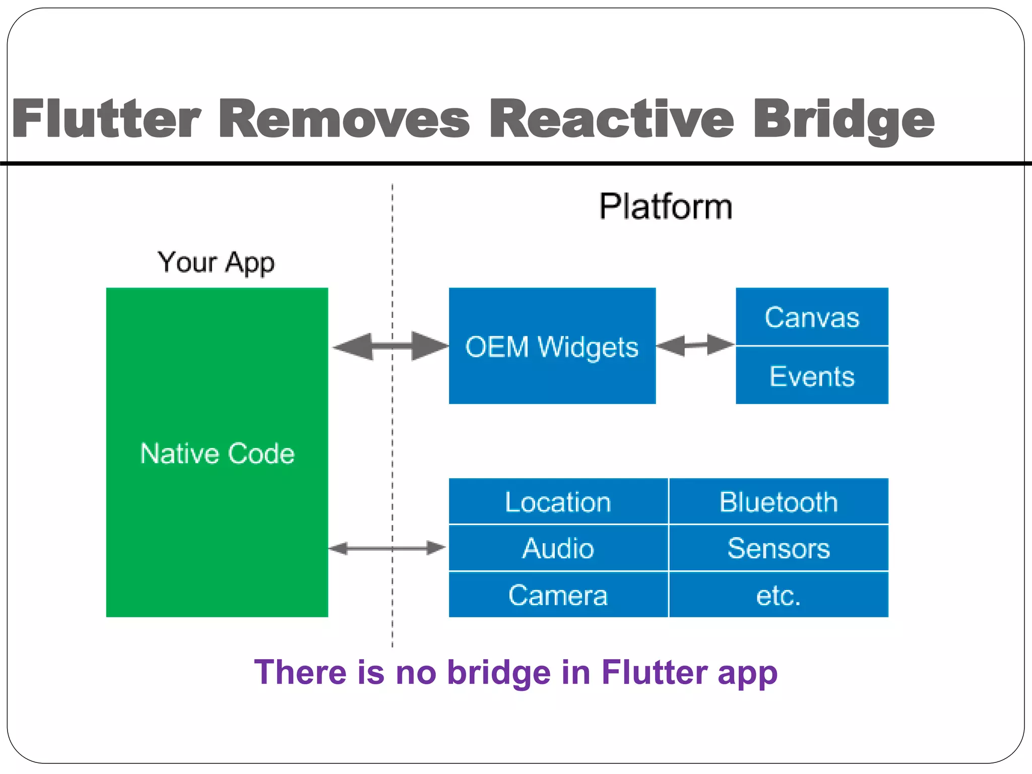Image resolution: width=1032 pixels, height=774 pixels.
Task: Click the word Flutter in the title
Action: tap(107, 119)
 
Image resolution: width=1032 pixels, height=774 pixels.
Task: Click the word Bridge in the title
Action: tap(844, 119)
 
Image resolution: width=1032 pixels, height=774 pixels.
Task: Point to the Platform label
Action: tap(665, 207)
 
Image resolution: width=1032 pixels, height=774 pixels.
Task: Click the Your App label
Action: tap(216, 263)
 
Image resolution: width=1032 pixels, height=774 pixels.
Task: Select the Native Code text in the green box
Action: tap(217, 453)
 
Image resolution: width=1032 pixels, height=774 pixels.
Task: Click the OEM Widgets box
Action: tap(552, 346)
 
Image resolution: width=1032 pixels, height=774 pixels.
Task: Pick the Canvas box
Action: tap(812, 317)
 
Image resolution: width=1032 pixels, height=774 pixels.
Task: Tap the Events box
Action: tap(812, 376)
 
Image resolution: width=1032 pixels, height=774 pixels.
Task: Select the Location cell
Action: tap(558, 502)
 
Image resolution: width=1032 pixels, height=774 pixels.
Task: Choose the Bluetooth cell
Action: tap(779, 502)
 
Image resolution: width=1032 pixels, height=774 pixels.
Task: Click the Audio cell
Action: tap(558, 548)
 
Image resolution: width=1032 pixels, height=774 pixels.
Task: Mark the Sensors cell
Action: tap(779, 548)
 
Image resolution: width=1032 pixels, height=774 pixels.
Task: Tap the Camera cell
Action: tap(558, 595)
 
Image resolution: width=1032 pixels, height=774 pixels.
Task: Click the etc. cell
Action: tap(779, 595)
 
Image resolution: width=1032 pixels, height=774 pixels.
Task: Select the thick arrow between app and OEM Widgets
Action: tap(391, 346)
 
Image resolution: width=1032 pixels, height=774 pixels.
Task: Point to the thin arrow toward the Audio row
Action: tap(387, 548)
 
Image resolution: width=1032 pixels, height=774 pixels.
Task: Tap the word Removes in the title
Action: tap(344, 119)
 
